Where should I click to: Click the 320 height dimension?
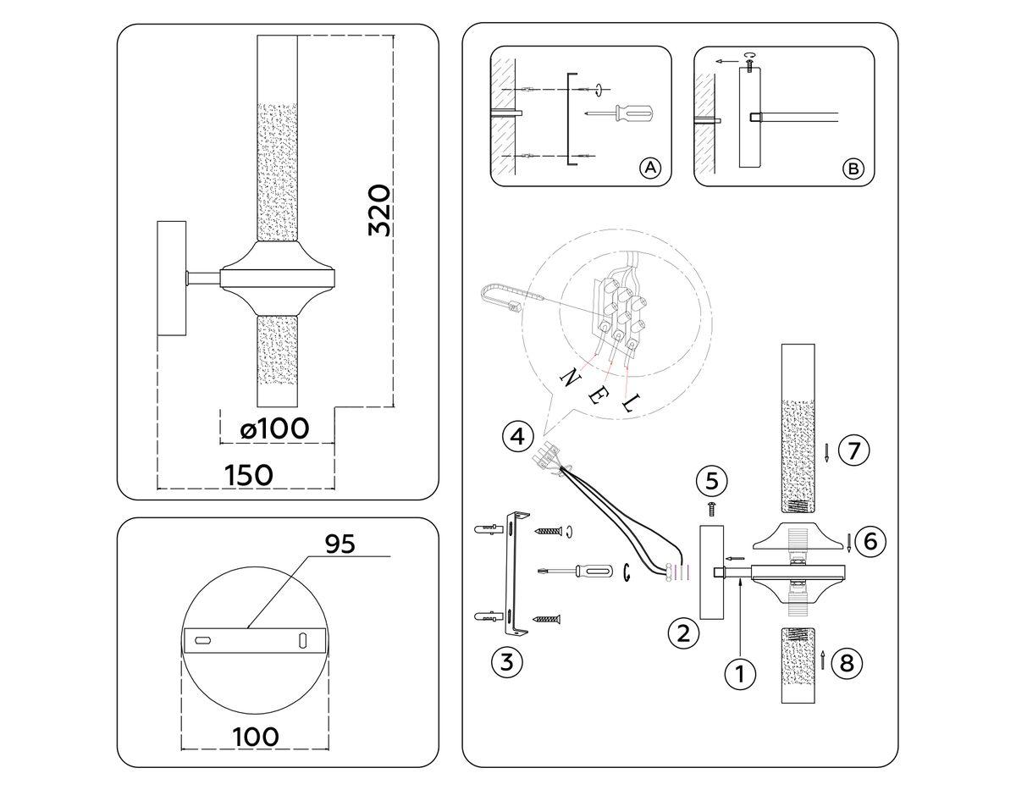coord(379,210)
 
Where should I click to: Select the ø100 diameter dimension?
coord(274,429)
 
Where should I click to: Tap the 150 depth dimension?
coord(249,475)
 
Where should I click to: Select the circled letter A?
coord(649,168)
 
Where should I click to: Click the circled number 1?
coord(740,675)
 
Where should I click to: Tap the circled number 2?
coord(683,632)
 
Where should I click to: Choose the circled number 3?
coord(505,661)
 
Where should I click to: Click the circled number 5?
coord(712,481)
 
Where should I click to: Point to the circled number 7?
coord(854,450)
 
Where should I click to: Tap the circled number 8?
coord(847,662)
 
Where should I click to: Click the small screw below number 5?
coord(712,508)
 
